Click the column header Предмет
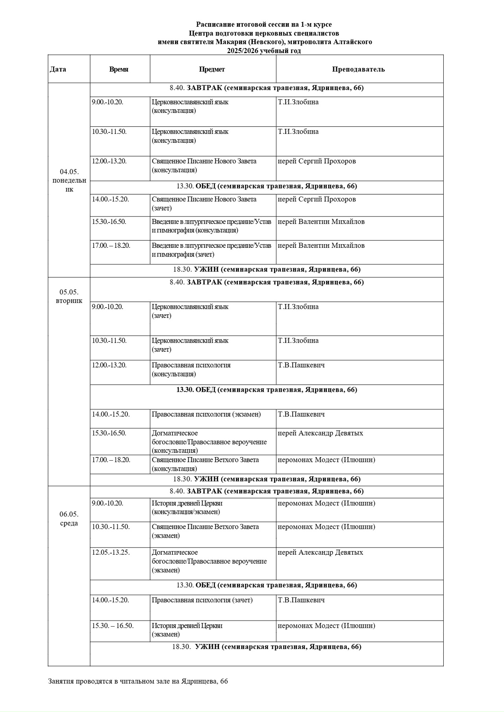[x=212, y=69]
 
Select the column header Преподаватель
[x=358, y=69]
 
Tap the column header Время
[x=119, y=69]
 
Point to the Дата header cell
[x=58, y=69]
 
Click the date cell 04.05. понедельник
[x=69, y=180]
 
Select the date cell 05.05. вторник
[x=69, y=296]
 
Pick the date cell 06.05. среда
[x=69, y=518]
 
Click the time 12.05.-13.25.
[x=111, y=552]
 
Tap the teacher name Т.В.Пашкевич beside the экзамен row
[x=301, y=414]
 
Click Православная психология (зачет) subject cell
[x=202, y=600]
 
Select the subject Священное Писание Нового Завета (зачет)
[x=204, y=203]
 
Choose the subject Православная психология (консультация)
[x=191, y=369]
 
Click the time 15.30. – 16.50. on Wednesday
[x=113, y=625]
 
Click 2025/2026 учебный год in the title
[x=263, y=51]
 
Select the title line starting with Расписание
[x=264, y=25]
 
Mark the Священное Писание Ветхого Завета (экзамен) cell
[x=205, y=531]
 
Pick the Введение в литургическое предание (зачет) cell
[x=211, y=250]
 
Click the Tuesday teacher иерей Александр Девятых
[x=320, y=433]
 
